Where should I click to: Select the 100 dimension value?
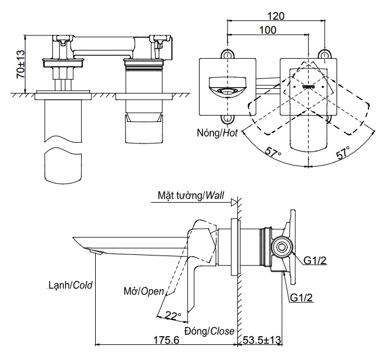point(267,30)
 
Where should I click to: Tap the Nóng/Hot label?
point(217,132)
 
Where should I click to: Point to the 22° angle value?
point(173,315)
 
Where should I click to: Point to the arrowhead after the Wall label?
point(233,201)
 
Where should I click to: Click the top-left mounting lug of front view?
point(227,55)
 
